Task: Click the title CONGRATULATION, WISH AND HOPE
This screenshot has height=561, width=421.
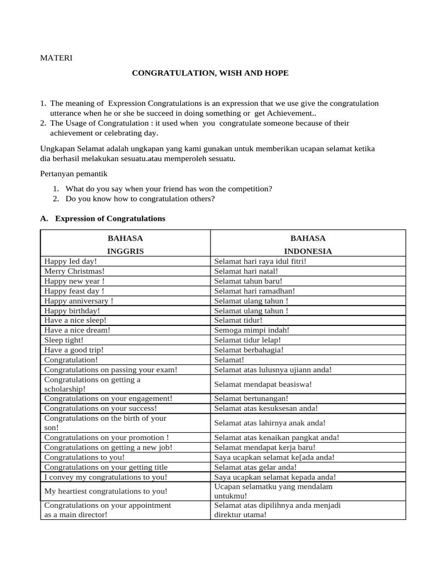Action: [210, 73]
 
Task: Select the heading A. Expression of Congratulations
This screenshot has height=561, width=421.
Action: [103, 219]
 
